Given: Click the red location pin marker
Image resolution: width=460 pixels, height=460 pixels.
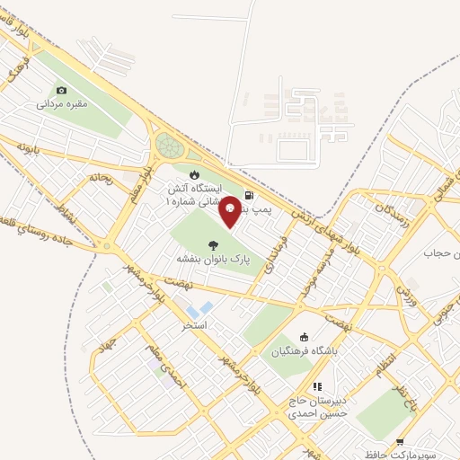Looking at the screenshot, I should click(x=230, y=209).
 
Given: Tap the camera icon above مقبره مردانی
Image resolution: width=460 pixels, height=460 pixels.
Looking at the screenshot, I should click(x=61, y=90).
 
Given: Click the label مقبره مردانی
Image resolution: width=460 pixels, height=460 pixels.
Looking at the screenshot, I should click(x=61, y=104).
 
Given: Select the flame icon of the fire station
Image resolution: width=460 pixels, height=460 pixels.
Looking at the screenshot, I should click(x=191, y=174).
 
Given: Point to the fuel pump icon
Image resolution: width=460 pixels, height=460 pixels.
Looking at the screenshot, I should click(x=249, y=194).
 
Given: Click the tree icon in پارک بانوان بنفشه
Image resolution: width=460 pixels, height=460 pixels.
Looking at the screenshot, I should click(x=213, y=244).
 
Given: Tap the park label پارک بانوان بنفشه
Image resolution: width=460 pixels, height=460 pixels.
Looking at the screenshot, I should click(x=213, y=259).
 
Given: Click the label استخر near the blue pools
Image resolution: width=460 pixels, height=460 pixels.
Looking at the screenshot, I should click(x=195, y=324).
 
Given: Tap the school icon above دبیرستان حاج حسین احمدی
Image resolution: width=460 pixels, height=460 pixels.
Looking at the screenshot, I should click(x=316, y=386).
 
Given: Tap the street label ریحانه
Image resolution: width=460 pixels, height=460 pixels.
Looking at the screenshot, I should click(x=100, y=178).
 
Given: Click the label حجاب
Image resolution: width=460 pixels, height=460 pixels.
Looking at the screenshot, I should click(x=442, y=252).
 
